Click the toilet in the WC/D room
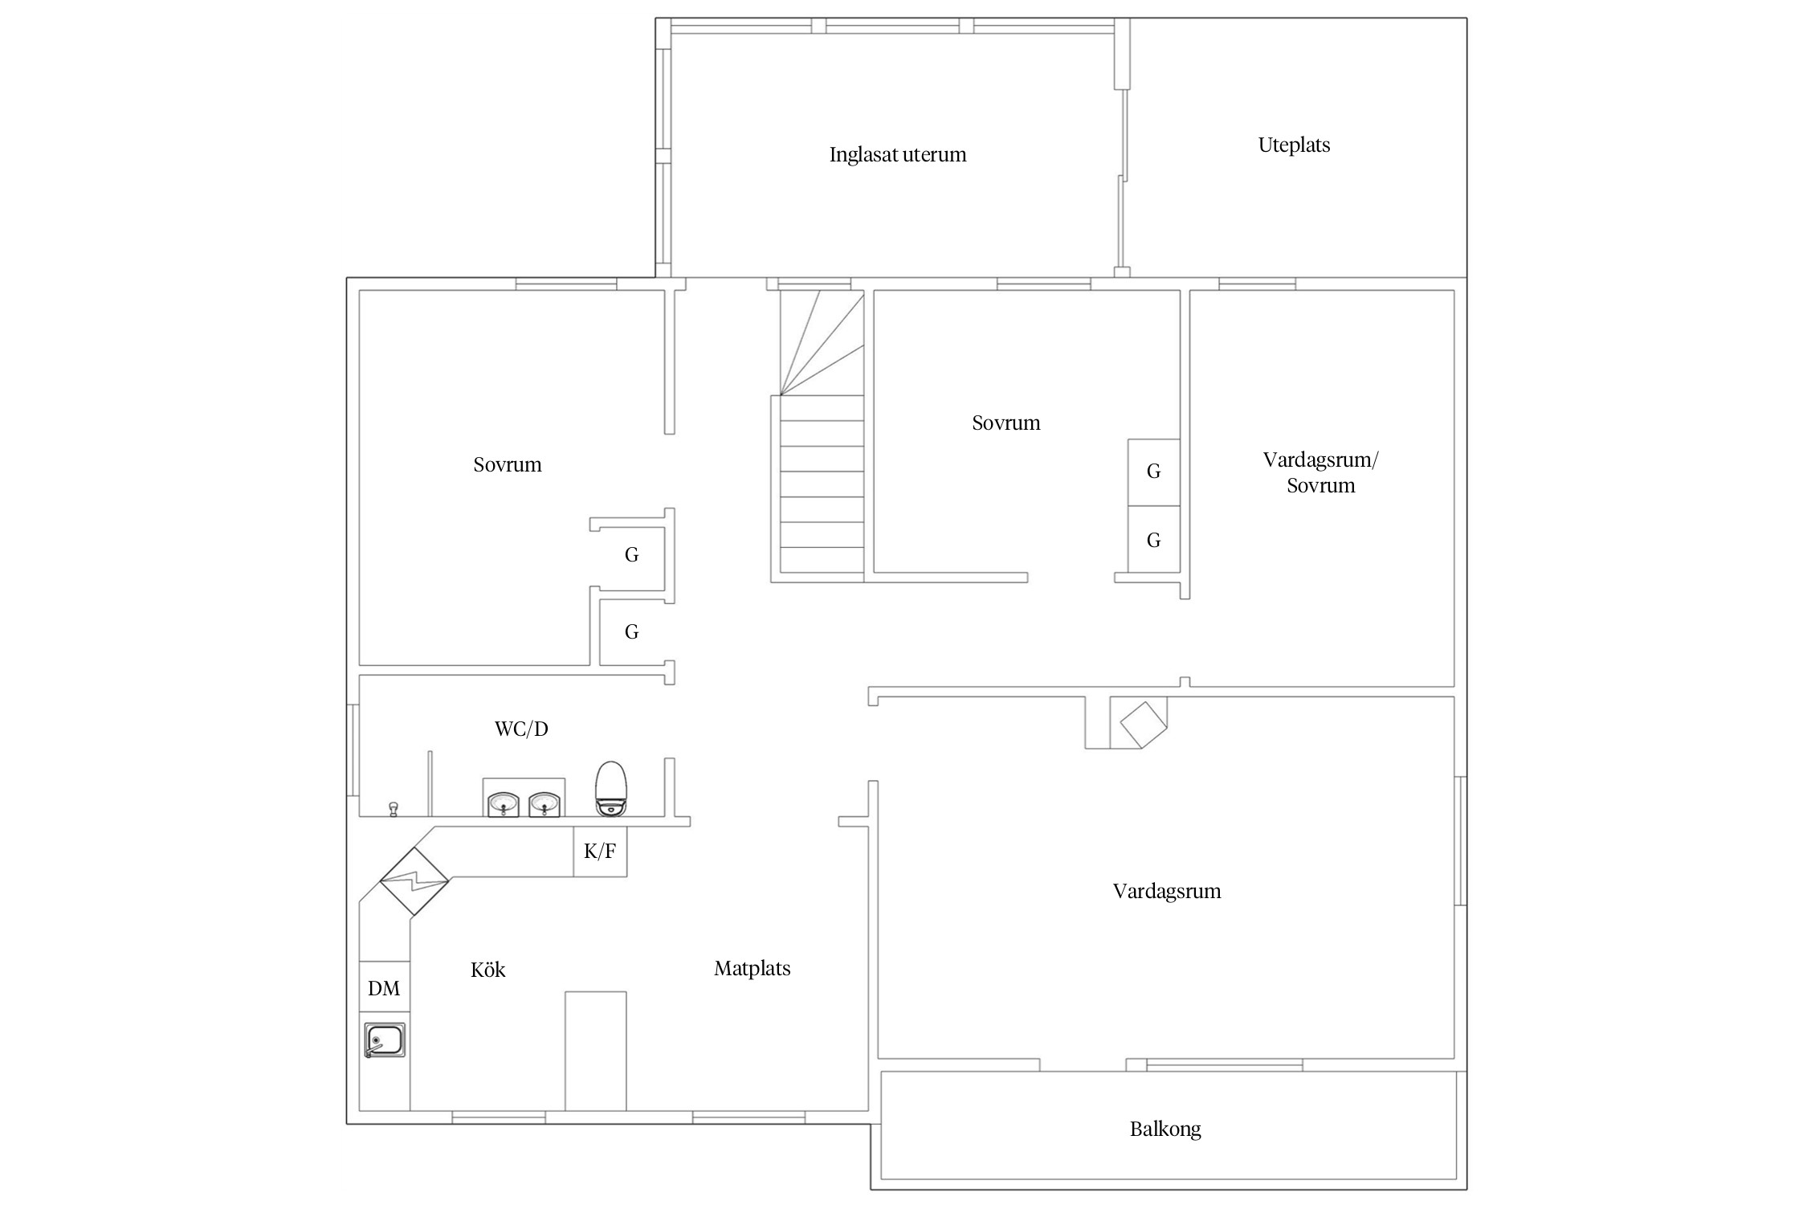click(611, 788)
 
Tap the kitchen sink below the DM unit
click(385, 1040)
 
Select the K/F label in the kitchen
click(599, 852)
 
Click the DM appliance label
click(384, 988)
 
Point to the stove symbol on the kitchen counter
click(414, 881)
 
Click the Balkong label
click(1165, 1129)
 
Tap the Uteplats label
click(1294, 145)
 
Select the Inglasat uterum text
click(898, 154)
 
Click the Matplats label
click(753, 969)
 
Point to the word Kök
click(488, 970)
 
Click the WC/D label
click(521, 729)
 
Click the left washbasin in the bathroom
click(504, 803)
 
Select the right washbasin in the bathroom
click(545, 803)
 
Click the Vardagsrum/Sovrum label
click(1320, 472)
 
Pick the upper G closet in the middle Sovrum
click(1154, 472)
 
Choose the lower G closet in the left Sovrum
click(632, 632)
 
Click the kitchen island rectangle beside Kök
click(596, 1051)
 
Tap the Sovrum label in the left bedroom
click(508, 465)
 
